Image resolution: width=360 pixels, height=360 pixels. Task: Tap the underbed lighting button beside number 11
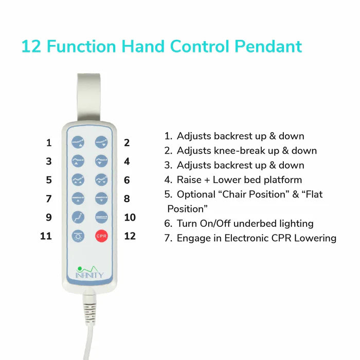point(78,236)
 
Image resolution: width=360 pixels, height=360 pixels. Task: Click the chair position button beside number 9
point(78,217)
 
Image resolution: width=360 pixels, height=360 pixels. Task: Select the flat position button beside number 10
point(101,217)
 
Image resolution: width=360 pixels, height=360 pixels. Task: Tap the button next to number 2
point(101,142)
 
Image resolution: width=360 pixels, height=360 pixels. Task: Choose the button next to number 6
point(101,180)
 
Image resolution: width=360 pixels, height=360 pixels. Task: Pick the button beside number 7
point(78,199)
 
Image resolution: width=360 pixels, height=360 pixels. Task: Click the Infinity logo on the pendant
point(89,272)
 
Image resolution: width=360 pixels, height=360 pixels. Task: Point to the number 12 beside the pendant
point(130,236)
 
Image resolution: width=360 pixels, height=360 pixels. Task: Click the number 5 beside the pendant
point(49,180)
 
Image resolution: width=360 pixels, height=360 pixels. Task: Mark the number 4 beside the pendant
point(127,161)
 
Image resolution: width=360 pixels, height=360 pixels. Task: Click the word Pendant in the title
point(268,46)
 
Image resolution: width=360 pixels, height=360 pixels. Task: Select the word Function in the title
point(81,46)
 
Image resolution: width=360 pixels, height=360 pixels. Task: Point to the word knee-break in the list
point(239,151)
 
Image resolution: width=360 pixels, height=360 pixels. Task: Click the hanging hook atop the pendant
point(88,97)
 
